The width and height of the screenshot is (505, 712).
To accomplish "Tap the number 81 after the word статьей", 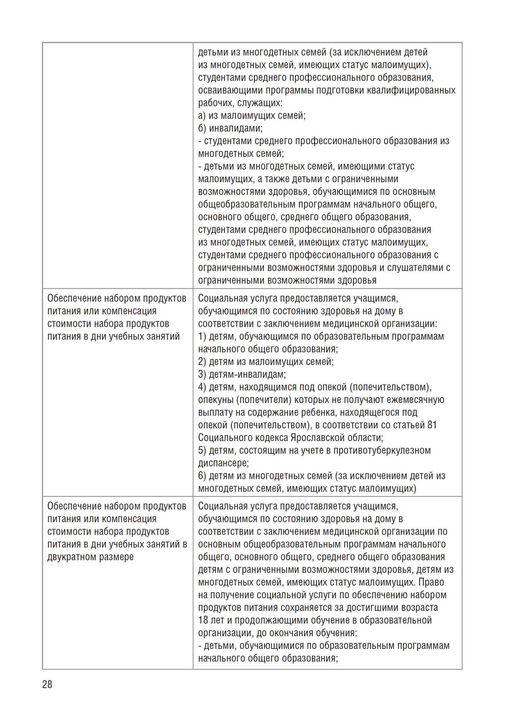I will (432, 425).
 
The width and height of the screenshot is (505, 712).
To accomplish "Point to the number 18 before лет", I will (203, 620).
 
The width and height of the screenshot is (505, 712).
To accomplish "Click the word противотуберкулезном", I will (382, 450).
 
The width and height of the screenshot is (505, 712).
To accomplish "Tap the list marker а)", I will (202, 116).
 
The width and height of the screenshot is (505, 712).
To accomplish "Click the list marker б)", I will (202, 128).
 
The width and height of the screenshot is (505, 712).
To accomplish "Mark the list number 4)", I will (202, 387).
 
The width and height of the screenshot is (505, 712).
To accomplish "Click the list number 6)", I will (202, 476).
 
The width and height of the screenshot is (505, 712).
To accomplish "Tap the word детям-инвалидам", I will (247, 374).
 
